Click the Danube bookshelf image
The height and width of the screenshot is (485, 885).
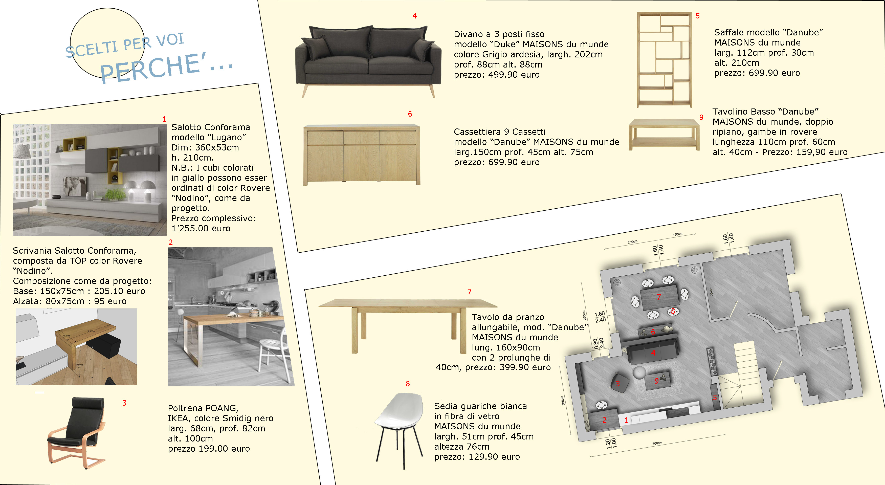pyautogui.click(x=664, y=59)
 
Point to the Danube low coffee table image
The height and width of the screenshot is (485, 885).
pyautogui.click(x=664, y=135)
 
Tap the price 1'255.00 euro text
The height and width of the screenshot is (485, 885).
pyautogui.click(x=201, y=228)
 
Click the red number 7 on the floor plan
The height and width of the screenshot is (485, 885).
pyautogui.click(x=659, y=297)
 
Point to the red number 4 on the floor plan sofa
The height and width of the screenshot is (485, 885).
pyautogui.click(x=653, y=353)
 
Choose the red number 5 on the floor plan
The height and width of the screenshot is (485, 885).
pyautogui.click(x=715, y=398)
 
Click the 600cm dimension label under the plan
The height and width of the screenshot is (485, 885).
pyautogui.click(x=657, y=444)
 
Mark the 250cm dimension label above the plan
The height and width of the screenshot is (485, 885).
pyautogui.click(x=632, y=242)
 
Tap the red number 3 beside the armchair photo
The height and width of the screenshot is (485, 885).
pyautogui.click(x=124, y=403)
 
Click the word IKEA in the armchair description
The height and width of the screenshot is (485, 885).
pyautogui.click(x=178, y=418)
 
